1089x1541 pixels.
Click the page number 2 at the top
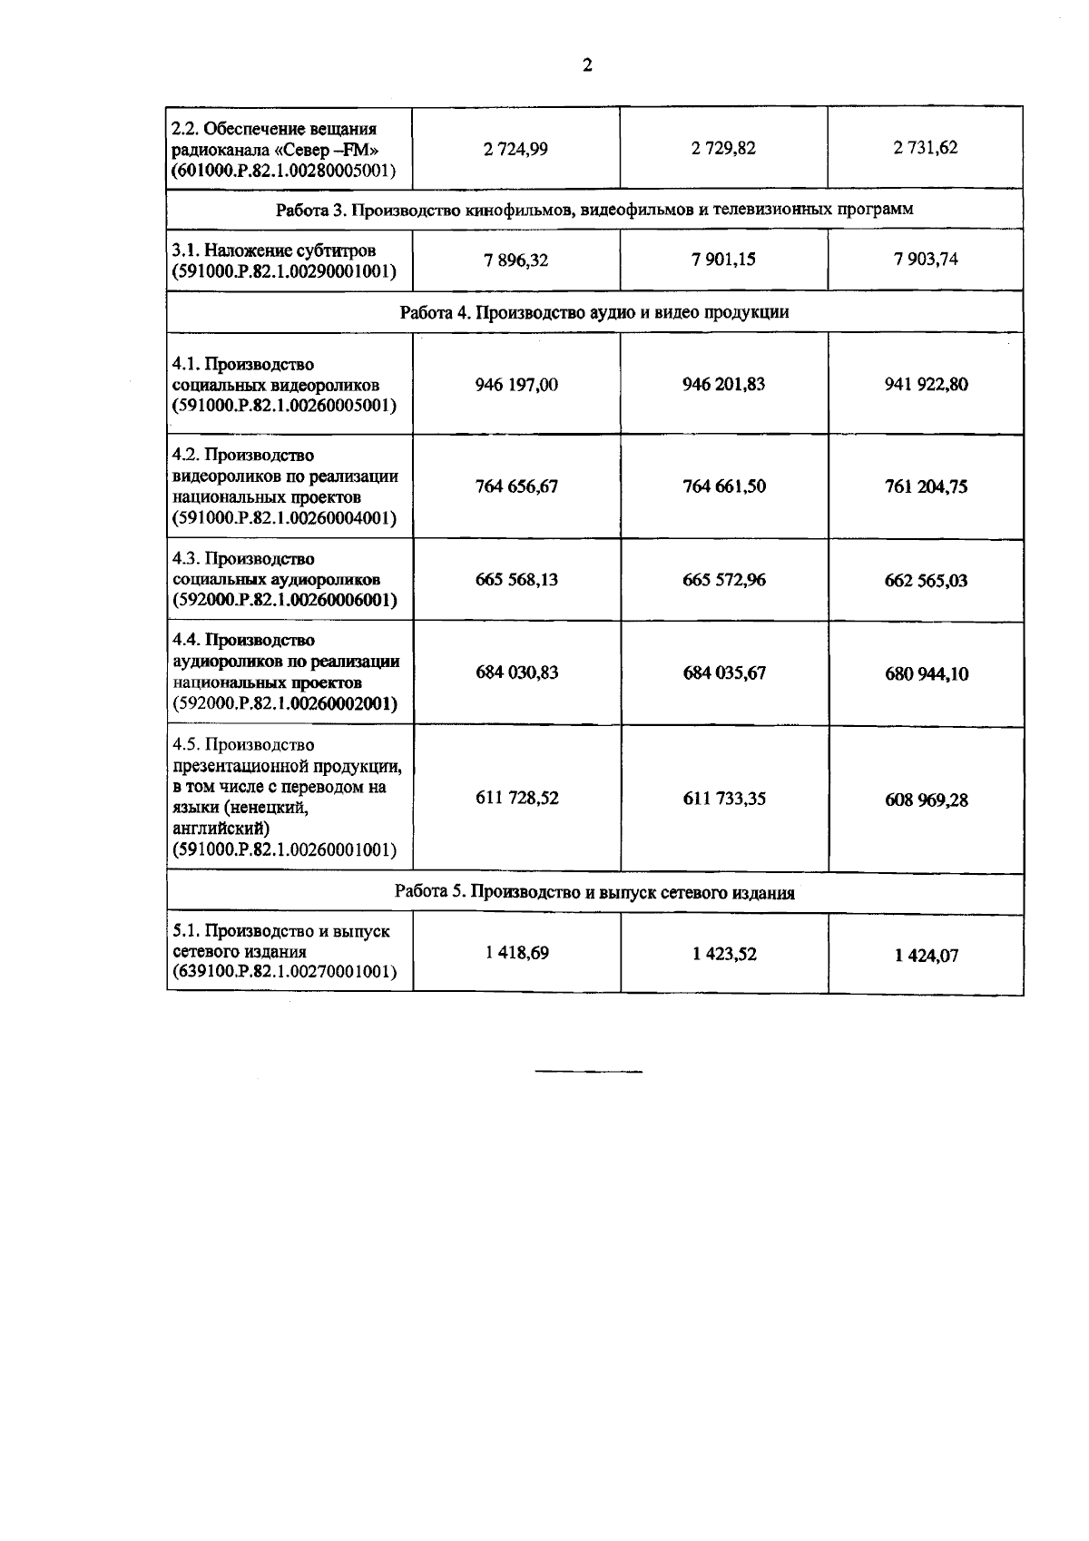587,65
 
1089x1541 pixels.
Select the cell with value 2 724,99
516,149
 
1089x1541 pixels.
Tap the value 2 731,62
926,148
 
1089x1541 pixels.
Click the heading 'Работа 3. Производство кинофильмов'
594,210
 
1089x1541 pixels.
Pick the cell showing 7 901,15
723,260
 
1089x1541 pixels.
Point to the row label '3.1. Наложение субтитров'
274,250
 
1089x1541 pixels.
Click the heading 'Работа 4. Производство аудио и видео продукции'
594,312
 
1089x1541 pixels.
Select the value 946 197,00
516,385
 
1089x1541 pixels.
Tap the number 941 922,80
926,385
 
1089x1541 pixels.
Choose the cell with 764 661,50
723,486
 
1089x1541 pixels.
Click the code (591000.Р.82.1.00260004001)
285,519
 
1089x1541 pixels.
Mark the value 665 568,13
516,580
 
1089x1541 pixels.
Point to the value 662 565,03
926,581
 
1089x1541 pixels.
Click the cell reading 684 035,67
723,673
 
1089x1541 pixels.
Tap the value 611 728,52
516,799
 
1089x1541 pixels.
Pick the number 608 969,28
926,800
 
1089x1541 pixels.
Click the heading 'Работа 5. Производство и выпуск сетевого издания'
594,893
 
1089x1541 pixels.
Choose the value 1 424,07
926,956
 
